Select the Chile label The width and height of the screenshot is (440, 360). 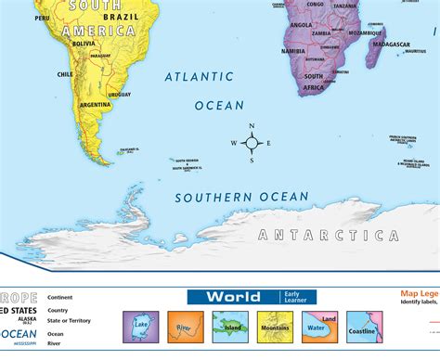65,74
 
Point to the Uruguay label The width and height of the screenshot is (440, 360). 119,94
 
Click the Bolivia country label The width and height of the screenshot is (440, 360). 84,43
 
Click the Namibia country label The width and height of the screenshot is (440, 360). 294,50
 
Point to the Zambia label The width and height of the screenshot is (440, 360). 322,34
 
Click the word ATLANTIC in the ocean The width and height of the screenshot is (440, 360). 198,78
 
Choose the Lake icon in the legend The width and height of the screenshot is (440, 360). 140,328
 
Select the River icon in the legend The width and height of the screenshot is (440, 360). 184,328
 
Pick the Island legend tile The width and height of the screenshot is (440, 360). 228,328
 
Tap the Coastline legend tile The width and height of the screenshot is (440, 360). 360,328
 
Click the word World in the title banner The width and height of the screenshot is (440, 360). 232,297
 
